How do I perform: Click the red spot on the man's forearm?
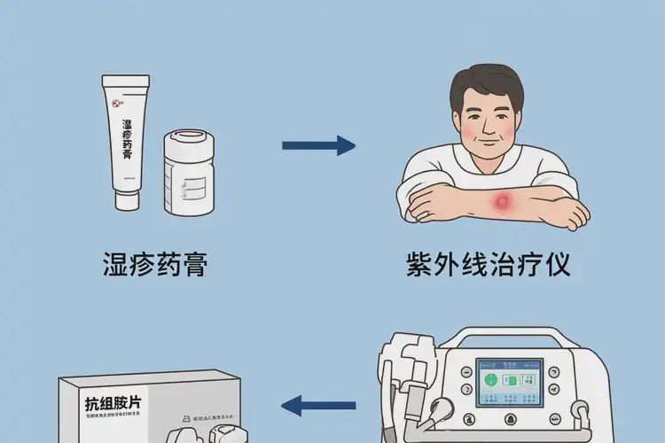pyautogui.click(x=504, y=203)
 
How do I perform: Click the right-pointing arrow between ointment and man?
pyautogui.click(x=318, y=147)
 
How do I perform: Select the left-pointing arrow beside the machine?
pyautogui.click(x=318, y=407)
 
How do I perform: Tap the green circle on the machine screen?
pyautogui.click(x=492, y=380)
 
